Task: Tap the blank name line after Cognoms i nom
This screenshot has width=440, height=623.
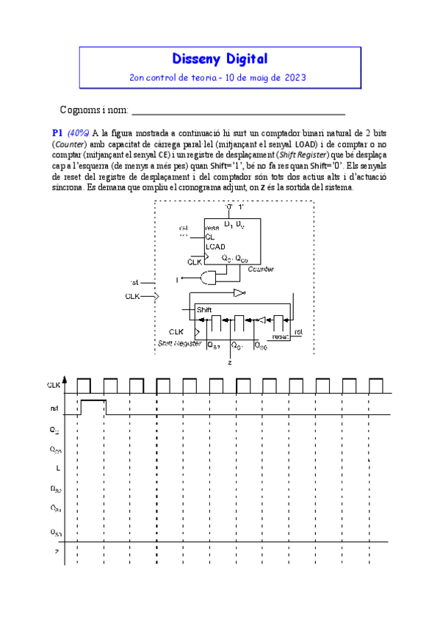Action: (237, 112)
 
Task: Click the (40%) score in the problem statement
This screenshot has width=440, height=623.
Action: (79, 133)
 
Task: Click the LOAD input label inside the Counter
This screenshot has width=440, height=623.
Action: (215, 248)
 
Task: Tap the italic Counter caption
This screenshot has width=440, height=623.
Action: (261, 270)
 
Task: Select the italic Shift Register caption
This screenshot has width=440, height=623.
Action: (180, 343)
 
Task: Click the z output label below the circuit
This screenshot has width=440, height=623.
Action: (230, 362)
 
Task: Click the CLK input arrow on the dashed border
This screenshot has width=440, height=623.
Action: (154, 296)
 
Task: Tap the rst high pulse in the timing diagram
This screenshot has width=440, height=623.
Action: (93, 406)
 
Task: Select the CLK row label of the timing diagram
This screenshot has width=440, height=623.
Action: (54, 385)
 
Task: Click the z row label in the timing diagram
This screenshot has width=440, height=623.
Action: (56, 552)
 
